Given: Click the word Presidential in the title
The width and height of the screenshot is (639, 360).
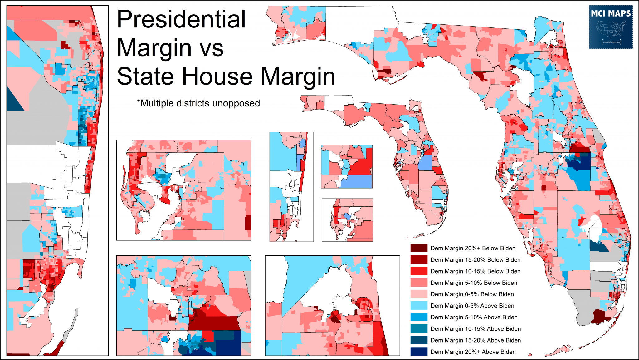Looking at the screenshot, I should point(181,19).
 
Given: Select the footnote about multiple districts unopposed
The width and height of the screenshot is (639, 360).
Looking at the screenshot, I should point(198,103).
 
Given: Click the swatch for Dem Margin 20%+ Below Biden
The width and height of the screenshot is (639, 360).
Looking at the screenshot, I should point(419,248).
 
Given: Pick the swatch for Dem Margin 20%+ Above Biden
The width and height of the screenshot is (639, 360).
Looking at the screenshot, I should point(419,352).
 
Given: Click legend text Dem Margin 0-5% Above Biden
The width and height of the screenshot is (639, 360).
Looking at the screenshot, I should point(472,306).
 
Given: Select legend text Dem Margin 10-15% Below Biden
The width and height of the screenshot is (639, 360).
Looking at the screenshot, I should point(475,271).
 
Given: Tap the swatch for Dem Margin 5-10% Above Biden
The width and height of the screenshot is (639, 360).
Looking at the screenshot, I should point(419,317).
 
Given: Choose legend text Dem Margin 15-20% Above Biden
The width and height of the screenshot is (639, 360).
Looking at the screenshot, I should point(476,340).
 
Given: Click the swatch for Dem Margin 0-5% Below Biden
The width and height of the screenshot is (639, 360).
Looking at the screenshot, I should point(419,294).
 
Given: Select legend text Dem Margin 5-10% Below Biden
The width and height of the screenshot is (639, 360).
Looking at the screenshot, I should point(474,283).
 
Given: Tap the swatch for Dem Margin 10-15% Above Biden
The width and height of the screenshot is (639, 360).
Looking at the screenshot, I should point(419,329).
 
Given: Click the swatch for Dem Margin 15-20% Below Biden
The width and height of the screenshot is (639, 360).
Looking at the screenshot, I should point(419,260).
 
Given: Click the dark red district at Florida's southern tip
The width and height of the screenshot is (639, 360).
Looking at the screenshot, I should point(598,316).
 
